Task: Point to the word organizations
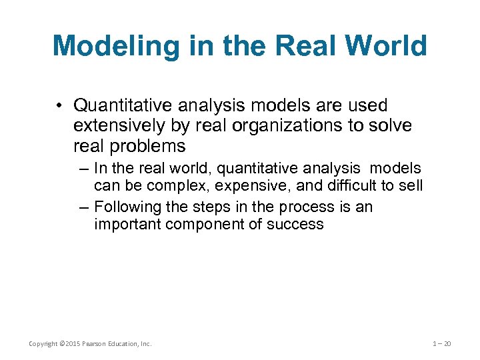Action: (x=269, y=125)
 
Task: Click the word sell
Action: (x=410, y=185)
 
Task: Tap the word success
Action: (x=295, y=225)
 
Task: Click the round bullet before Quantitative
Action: (x=61, y=106)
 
